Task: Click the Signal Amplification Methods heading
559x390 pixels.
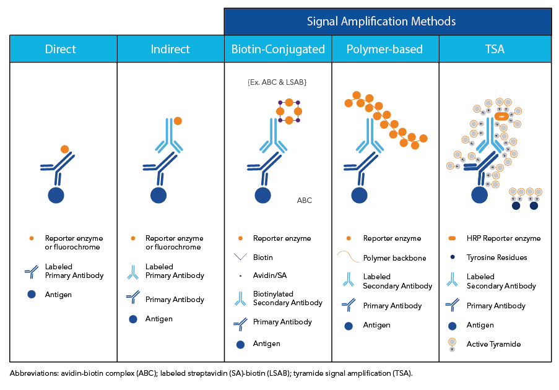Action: tap(381, 22)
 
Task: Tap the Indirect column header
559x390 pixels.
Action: tap(170, 49)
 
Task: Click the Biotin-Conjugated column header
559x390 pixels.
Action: tap(278, 49)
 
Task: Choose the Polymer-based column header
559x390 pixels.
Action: tap(385, 49)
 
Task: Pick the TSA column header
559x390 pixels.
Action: tap(495, 49)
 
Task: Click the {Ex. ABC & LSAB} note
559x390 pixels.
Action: tap(277, 82)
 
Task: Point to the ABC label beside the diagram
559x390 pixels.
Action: tap(304, 200)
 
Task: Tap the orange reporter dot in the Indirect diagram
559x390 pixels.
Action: tap(178, 121)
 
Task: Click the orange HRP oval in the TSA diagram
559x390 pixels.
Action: tap(502, 116)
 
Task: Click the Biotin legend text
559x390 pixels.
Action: tap(263, 257)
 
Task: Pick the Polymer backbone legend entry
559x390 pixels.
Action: tap(394, 258)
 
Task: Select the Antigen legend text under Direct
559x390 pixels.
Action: tap(58, 295)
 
